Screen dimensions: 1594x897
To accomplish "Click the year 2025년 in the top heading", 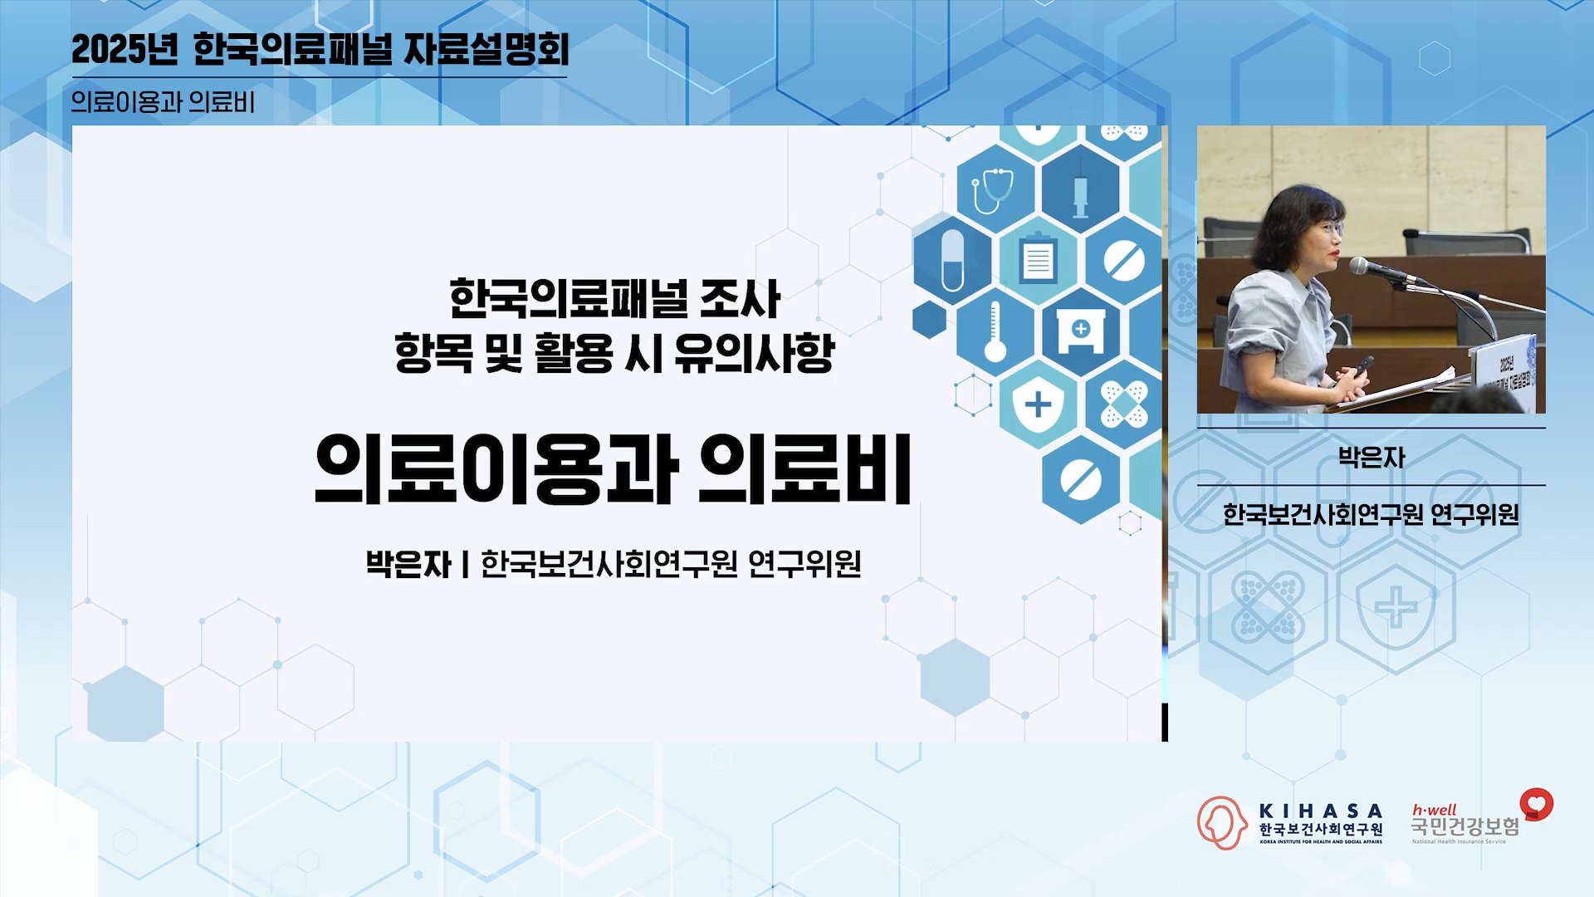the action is tap(125, 50).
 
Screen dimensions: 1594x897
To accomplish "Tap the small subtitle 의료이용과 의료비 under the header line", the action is tap(163, 101).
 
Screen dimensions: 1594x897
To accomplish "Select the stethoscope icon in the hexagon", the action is tap(993, 190).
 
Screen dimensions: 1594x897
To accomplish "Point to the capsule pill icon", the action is tap(952, 260).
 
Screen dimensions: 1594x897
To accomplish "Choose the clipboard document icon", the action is tap(1038, 258).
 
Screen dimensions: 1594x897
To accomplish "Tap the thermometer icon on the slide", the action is tap(995, 332).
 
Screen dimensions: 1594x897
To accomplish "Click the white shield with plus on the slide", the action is tap(1038, 404).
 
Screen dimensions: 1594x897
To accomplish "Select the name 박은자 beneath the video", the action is tap(1372, 458).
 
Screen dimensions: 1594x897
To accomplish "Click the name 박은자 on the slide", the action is tap(408, 564).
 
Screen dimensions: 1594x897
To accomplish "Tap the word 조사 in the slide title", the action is tap(740, 300).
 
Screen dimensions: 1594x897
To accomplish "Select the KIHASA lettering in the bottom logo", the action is tap(1321, 811).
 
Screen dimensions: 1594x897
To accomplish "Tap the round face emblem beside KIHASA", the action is tap(1221, 822).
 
